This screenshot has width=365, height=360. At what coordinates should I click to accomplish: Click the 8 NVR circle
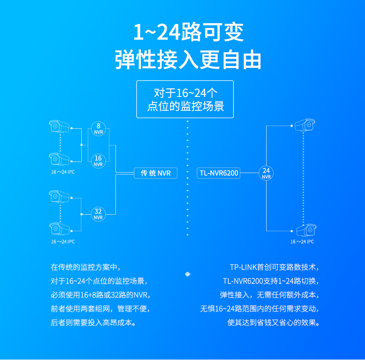tap(98, 129)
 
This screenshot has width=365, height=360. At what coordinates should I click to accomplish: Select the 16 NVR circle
tap(98, 161)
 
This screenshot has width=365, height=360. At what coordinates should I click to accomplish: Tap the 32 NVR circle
tap(98, 214)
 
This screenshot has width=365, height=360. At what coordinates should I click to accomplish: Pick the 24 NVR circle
tap(266, 173)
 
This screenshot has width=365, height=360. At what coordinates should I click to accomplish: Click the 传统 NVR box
tap(156, 173)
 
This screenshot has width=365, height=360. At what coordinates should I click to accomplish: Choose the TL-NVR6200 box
tap(219, 173)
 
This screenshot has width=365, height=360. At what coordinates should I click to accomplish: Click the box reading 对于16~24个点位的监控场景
tap(185, 99)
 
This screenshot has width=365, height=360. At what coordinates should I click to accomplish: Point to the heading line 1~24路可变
tap(189, 32)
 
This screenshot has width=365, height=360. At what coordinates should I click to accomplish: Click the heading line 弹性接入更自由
tap(188, 60)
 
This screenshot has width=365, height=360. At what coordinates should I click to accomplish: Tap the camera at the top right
tap(305, 125)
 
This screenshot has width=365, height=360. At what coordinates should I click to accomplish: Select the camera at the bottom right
tap(306, 230)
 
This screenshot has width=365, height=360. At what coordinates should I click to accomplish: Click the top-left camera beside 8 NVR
tap(59, 126)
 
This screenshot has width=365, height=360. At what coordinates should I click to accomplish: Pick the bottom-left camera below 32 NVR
tap(59, 228)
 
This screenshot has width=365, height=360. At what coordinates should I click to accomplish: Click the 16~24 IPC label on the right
tap(302, 242)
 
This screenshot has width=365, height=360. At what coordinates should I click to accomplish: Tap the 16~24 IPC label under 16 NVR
tap(63, 172)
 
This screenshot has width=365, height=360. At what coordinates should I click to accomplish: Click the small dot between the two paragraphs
tap(188, 274)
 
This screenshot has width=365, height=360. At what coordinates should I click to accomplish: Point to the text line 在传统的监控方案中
tap(85, 267)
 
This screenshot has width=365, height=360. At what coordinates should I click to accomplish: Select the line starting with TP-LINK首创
tap(274, 267)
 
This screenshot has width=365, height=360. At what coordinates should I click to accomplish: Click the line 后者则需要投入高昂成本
tap(93, 323)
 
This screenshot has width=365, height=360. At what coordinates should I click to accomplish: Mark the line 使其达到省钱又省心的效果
tap(273, 323)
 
